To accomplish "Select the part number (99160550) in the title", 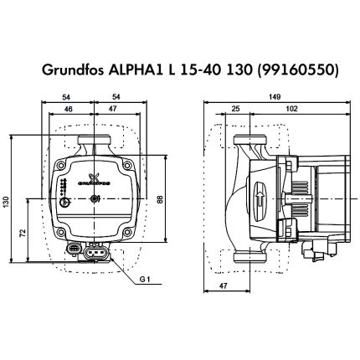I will click(x=309, y=72).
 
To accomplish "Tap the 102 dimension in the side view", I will click(x=291, y=110).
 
